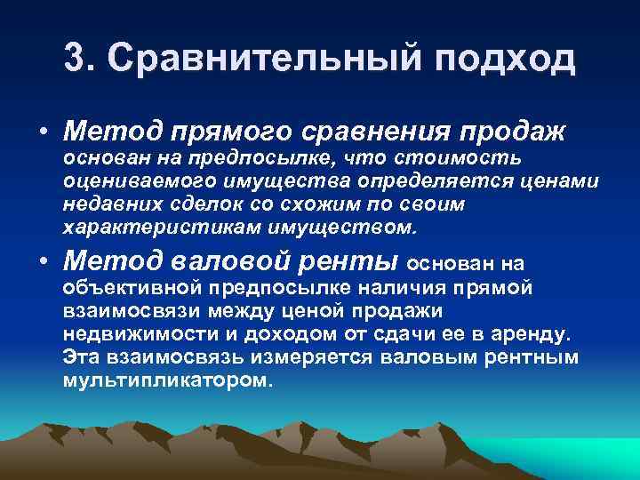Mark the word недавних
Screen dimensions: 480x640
[x=106, y=204]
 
